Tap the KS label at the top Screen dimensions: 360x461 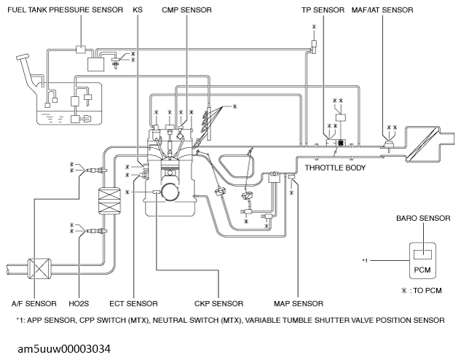coord(138,11)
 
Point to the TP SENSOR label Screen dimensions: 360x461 coord(323,11)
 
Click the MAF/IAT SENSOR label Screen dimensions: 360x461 coord(382,11)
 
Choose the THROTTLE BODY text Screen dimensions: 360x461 coord(334,167)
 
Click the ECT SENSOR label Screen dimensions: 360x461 coord(132,303)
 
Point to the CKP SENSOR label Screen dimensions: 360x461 coord(218,303)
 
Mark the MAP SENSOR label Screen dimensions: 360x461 coord(298,303)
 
